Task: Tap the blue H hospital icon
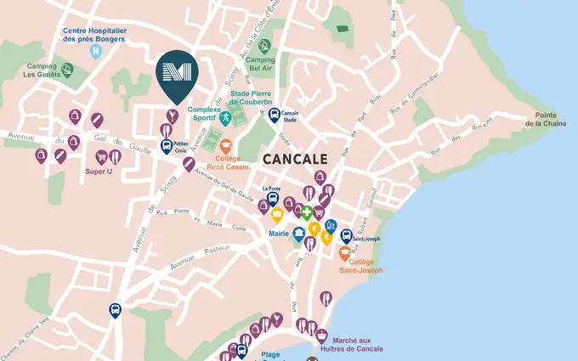coord(95,51)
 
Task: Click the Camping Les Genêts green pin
coord(67,69)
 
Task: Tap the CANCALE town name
coord(295,158)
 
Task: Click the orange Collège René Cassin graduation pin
coord(226,147)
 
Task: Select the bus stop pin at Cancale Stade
coord(274,115)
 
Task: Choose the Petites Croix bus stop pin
coord(167,146)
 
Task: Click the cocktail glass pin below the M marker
coord(172,116)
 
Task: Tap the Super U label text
coord(99,172)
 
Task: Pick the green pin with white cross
coord(306,212)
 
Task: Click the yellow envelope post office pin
coord(276,216)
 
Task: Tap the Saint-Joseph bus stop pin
coord(346,236)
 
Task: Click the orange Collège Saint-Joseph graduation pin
coord(345,253)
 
